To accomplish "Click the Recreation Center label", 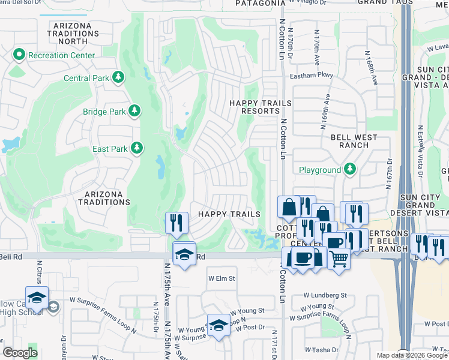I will (61, 55).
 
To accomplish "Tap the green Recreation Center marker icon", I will (19, 55).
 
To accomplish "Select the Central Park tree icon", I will (119, 77).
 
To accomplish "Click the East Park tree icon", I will (137, 148).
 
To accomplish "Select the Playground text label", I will (320, 170).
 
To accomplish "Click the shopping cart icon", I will (339, 259).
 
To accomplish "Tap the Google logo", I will (20, 353).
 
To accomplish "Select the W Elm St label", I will (221, 278).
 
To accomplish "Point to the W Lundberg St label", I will (325, 295).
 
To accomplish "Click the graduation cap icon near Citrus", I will (37, 298).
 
